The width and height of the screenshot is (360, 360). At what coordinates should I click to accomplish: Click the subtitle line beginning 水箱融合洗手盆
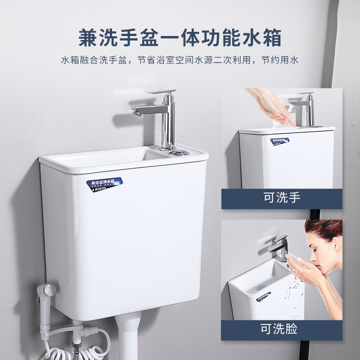(180, 60)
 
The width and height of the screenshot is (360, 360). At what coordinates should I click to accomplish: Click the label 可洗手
(282, 198)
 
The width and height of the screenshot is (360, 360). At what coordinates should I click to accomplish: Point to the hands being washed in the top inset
(270, 108)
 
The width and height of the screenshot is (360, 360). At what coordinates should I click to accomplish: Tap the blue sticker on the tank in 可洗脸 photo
(264, 297)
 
